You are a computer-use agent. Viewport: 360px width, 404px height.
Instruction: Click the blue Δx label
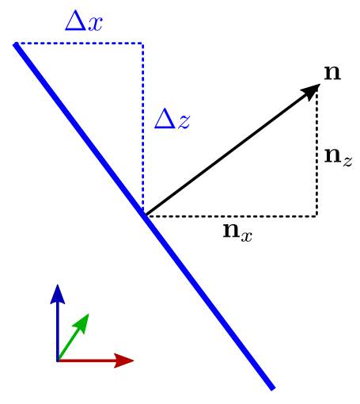tap(84, 21)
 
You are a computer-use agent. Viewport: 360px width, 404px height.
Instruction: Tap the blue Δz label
tap(172, 119)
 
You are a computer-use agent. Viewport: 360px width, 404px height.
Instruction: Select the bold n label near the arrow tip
tap(332, 73)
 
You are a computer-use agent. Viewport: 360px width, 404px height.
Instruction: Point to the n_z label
tap(338, 157)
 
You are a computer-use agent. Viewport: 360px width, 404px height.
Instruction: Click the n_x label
tap(237, 233)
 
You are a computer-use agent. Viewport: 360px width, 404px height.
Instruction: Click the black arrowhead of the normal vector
tap(311, 91)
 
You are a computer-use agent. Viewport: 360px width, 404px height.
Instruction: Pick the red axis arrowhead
tap(124, 360)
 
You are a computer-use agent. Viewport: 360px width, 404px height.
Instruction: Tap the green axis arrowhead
tap(82, 322)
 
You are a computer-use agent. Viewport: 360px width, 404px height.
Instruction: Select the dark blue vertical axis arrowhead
tap(58, 294)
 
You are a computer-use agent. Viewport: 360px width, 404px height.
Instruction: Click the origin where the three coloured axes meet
tap(58, 360)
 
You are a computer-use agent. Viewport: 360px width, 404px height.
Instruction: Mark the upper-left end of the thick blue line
tap(16, 44)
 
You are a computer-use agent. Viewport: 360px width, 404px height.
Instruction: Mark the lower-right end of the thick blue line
tap(273, 389)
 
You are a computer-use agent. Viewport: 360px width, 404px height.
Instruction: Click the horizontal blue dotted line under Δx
tap(79, 43)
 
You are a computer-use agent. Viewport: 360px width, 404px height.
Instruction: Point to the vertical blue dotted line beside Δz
tap(142, 127)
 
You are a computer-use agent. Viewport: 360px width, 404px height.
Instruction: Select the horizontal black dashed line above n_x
tap(232, 216)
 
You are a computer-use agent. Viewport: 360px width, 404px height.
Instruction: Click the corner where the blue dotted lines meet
tap(142, 43)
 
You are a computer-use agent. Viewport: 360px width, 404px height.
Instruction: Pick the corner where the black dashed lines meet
tap(316, 216)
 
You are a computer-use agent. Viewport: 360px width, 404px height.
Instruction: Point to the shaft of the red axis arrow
tap(86, 360)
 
